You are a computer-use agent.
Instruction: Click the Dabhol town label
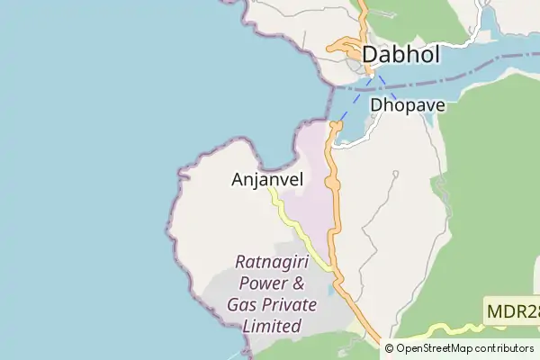tap(400, 56)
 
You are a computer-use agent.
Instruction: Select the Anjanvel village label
tap(266, 179)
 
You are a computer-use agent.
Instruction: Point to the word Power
tap(256, 283)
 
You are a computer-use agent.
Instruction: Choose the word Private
tap(289, 305)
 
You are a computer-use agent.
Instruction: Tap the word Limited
tap(273, 327)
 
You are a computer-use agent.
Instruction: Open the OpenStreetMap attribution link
tap(436, 348)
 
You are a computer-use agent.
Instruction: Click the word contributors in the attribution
tap(505, 348)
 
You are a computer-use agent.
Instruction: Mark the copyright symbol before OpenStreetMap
tap(389, 348)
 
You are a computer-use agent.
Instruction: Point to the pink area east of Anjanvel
tap(310, 193)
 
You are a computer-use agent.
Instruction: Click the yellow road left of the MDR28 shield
tap(450, 328)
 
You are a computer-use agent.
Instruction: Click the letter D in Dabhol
tap(370, 56)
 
